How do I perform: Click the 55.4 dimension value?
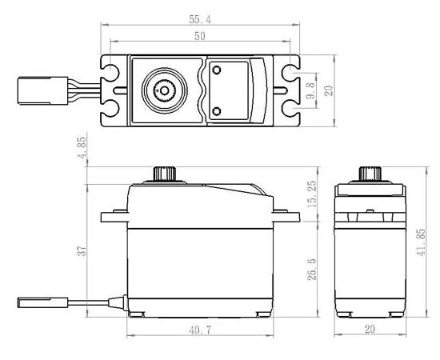pyautogui.click(x=200, y=20)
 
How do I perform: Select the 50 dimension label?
pyautogui.click(x=199, y=36)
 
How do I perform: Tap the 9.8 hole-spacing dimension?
pyautogui.click(x=310, y=90)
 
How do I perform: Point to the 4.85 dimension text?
pyautogui.click(x=82, y=148)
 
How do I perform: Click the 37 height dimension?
pyautogui.click(x=82, y=251)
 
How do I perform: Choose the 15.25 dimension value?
pyautogui.click(x=311, y=194)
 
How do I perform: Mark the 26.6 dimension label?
pyautogui.click(x=311, y=269)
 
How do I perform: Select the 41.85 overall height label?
pyautogui.click(x=421, y=242)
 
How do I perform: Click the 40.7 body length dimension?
pyautogui.click(x=200, y=330)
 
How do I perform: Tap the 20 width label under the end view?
pyautogui.click(x=370, y=329)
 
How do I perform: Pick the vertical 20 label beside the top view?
pyautogui.click(x=329, y=90)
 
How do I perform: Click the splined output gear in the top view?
pyautogui.click(x=165, y=90)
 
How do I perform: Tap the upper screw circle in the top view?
pyautogui.click(x=216, y=70)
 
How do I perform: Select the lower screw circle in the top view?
pyautogui.click(x=216, y=112)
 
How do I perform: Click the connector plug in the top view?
pyautogui.click(x=42, y=90)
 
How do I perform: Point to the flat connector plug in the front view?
pyautogui.click(x=42, y=302)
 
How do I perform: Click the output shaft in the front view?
pyautogui.click(x=165, y=174)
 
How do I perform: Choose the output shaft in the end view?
pyautogui.click(x=370, y=174)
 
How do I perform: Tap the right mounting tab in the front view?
pyautogui.click(x=286, y=216)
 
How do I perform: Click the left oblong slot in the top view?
pyautogui.click(x=120, y=90)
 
